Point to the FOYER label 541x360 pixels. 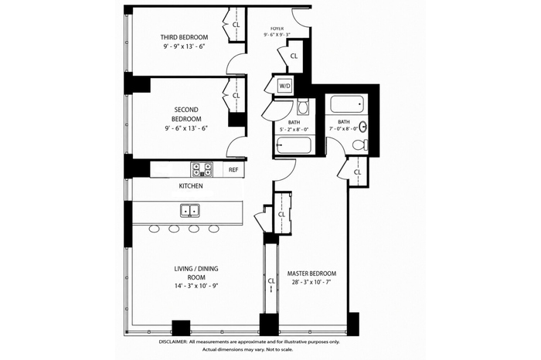coord(277,29)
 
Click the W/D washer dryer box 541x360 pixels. coord(284,86)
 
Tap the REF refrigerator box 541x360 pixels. coord(233,170)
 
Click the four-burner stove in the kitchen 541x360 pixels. coord(202,170)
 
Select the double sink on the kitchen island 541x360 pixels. coord(190,210)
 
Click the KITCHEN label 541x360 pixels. coord(191,186)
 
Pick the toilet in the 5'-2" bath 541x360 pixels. coord(303,107)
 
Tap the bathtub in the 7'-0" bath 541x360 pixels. coord(347,104)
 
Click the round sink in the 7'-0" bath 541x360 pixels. coord(362,127)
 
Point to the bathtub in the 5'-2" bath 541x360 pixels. coord(293,145)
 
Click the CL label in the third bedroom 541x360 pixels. coord(236,25)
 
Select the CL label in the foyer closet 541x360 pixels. coord(294,56)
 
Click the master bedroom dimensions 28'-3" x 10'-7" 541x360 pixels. coord(312,282)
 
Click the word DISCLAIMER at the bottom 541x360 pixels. coord(173,342)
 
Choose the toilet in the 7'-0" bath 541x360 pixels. coord(360,144)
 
